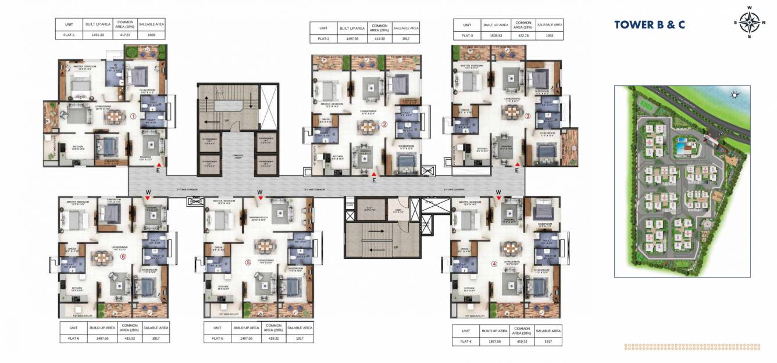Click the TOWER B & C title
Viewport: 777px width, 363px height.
pyautogui.click(x=649, y=24)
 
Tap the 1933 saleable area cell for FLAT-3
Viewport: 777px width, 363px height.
pyautogui.click(x=549, y=36)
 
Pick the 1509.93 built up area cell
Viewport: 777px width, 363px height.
pyautogui.click(x=493, y=36)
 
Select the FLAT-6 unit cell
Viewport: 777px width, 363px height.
pyautogui.click(x=73, y=338)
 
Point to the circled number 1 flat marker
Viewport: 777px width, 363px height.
pyautogui.click(x=133, y=116)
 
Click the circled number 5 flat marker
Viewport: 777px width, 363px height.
pyautogui.click(x=248, y=263)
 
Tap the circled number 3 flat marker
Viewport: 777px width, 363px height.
pyautogui.click(x=527, y=116)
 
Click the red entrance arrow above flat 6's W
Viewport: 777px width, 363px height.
pyautogui.click(x=148, y=198)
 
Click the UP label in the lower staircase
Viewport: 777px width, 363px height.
pyautogui.click(x=397, y=247)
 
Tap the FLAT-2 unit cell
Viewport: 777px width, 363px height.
pyautogui.click(x=324, y=39)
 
